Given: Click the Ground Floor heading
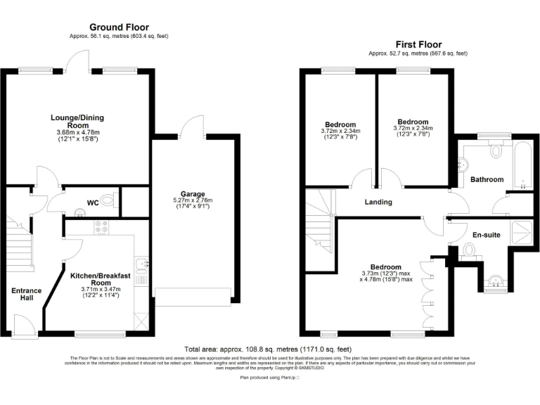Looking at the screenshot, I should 119,27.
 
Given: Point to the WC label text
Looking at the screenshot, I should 92,203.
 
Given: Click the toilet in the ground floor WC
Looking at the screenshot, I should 106,201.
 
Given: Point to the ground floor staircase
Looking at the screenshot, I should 22,243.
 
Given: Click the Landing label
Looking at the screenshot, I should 378,202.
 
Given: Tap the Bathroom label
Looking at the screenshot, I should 487,180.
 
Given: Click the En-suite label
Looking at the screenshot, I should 485,234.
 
